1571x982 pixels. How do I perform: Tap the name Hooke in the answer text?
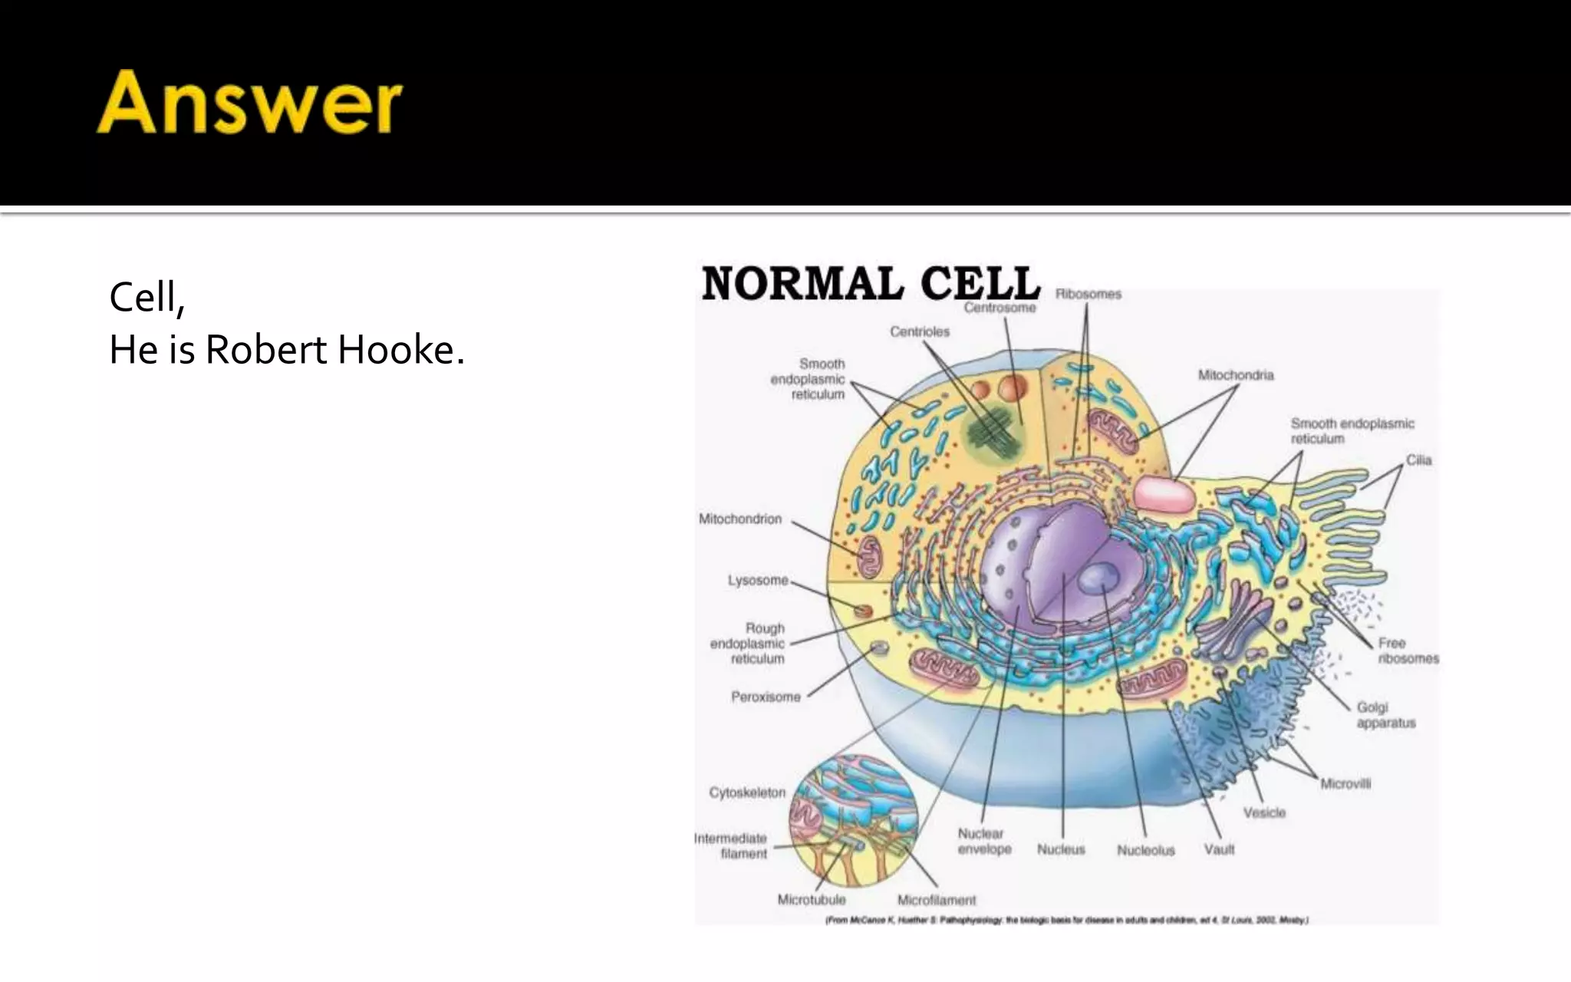(400, 351)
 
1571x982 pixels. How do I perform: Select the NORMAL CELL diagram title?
(871, 283)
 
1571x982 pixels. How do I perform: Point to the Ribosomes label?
(1088, 294)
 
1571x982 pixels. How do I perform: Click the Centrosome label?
(1000, 308)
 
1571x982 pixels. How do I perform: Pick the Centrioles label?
(919, 331)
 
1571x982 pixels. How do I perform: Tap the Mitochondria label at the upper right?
(1235, 375)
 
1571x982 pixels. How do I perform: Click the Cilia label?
(1418, 460)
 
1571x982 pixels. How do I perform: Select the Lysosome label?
(758, 581)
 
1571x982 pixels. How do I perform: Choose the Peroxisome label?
(765, 697)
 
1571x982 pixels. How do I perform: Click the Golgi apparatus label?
(1385, 715)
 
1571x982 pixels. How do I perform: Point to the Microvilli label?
(1345, 784)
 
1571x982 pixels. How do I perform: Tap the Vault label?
(1219, 849)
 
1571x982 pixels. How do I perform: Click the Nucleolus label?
(1145, 850)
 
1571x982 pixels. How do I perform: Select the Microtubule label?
(811, 900)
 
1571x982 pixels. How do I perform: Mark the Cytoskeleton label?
(746, 793)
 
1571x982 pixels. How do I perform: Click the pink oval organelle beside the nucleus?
(1164, 494)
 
